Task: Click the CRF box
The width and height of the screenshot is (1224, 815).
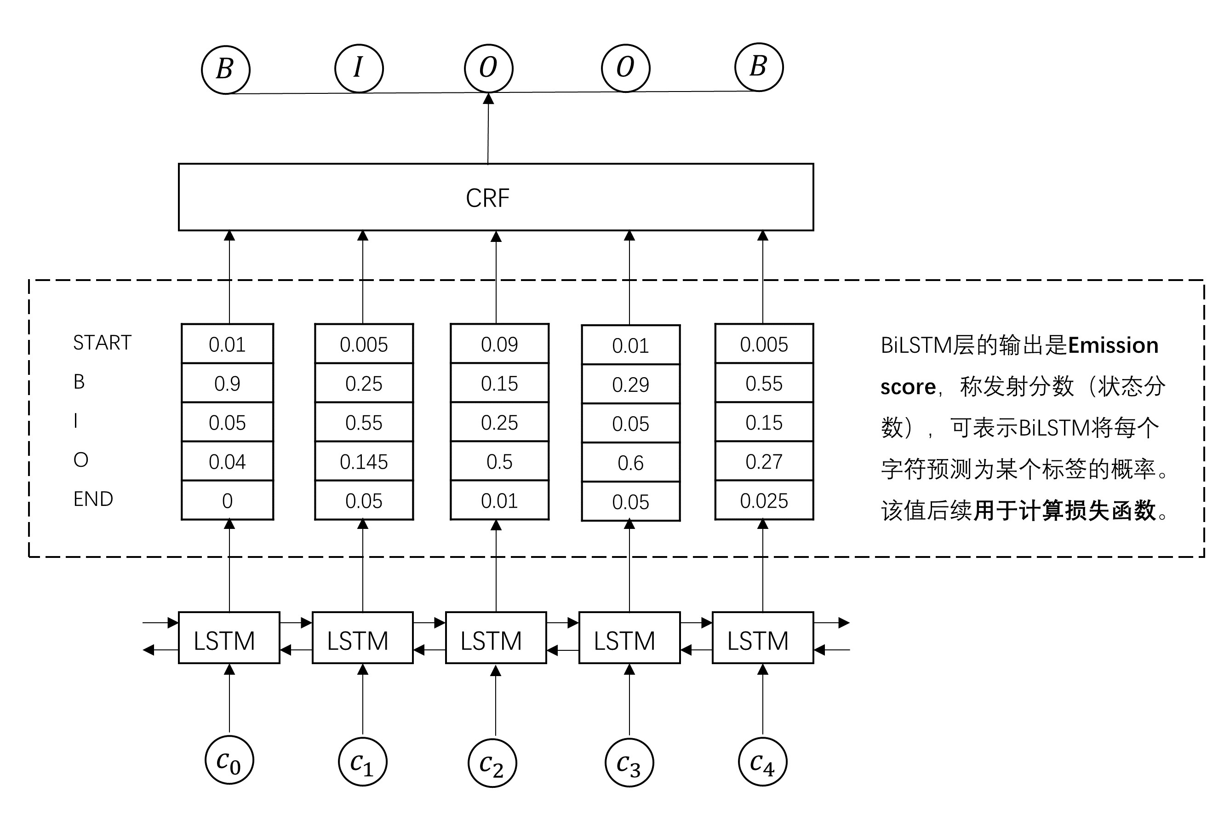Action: tap(495, 197)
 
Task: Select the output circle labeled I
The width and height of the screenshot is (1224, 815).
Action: tap(359, 68)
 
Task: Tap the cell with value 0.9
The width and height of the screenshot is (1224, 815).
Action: tap(227, 383)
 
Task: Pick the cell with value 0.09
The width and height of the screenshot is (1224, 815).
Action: tap(499, 344)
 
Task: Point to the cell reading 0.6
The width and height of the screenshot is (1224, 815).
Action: tap(630, 463)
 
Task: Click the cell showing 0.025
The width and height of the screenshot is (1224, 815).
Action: tap(764, 500)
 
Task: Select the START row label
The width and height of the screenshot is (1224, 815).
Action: tap(103, 343)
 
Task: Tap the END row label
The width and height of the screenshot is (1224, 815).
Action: tap(93, 499)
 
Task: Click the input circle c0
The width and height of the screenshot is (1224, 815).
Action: tap(229, 760)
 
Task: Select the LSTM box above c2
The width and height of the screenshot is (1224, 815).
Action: tap(496, 638)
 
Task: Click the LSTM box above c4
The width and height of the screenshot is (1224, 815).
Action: tap(762, 638)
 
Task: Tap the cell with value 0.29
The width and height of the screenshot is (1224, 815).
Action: tap(630, 385)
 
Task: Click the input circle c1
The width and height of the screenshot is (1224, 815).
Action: tap(363, 762)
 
